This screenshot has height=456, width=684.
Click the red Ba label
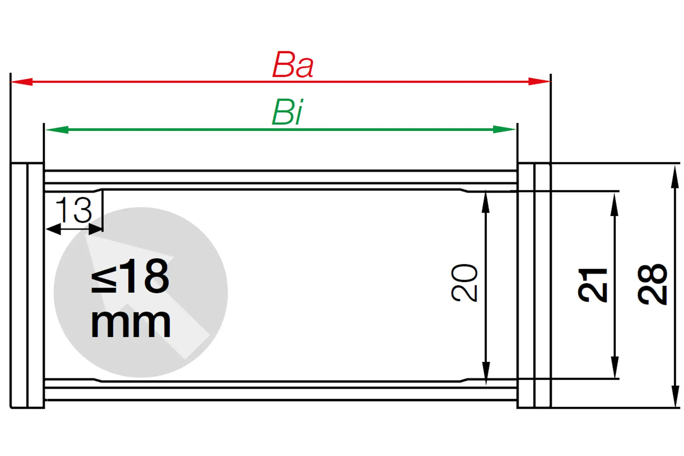pos(293,65)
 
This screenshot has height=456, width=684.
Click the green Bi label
pos(288,113)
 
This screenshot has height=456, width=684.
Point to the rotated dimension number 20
pos(465,283)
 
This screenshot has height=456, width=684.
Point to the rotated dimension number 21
pos(592,285)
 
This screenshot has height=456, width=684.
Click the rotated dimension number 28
pos(652,284)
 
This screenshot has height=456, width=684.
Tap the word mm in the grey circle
pos(131,323)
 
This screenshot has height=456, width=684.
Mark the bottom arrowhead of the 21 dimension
pos(615,367)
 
